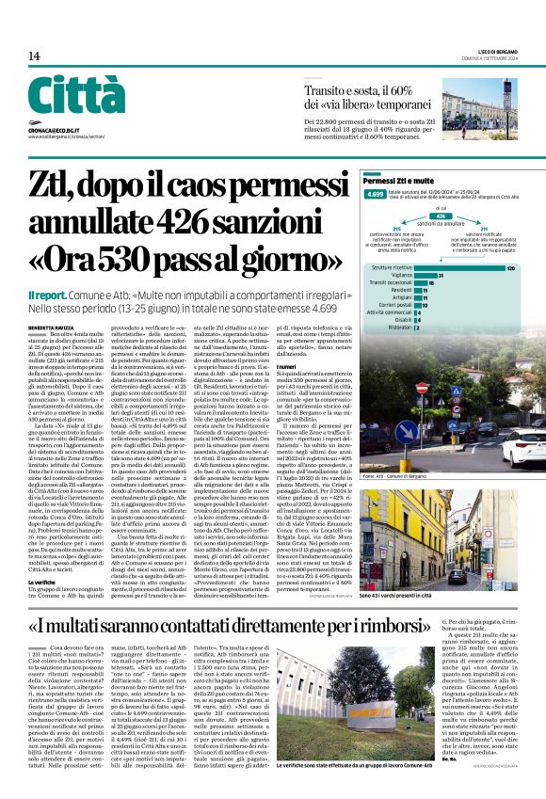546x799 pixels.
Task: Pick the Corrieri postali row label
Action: tap(391, 305)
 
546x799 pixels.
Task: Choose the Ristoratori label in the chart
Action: tap(395, 328)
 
